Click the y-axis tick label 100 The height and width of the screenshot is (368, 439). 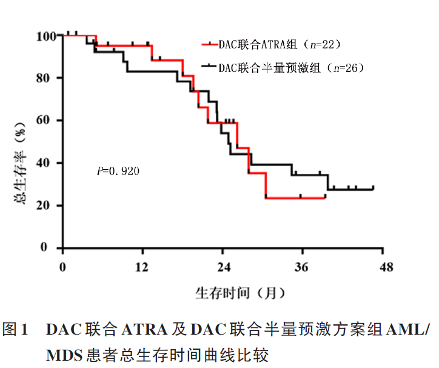(45, 36)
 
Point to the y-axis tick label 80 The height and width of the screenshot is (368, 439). (49, 78)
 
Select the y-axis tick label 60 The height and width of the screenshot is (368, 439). (49, 121)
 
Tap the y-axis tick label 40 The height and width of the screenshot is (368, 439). (49, 163)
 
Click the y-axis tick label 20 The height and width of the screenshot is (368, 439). (49, 206)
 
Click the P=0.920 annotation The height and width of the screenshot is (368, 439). (118, 172)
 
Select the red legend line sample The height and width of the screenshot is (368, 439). (210, 45)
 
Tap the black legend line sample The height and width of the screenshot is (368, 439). (210, 66)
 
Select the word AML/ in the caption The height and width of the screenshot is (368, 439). (411, 330)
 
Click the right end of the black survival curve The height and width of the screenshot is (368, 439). (373, 189)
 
